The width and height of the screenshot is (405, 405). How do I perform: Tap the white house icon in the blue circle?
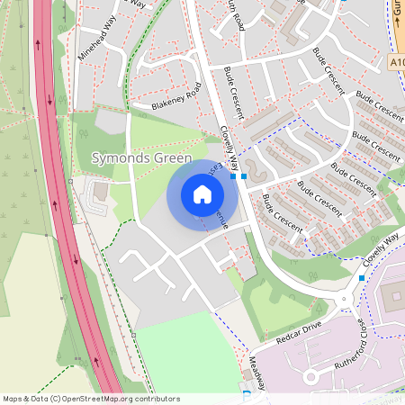point(202,193)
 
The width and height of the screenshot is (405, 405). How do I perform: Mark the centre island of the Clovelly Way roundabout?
point(346,300)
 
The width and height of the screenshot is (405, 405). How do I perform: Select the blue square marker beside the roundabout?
point(362,278)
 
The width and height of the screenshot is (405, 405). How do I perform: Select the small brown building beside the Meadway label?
point(246,373)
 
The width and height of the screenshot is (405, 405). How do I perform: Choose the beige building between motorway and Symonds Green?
point(99,193)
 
